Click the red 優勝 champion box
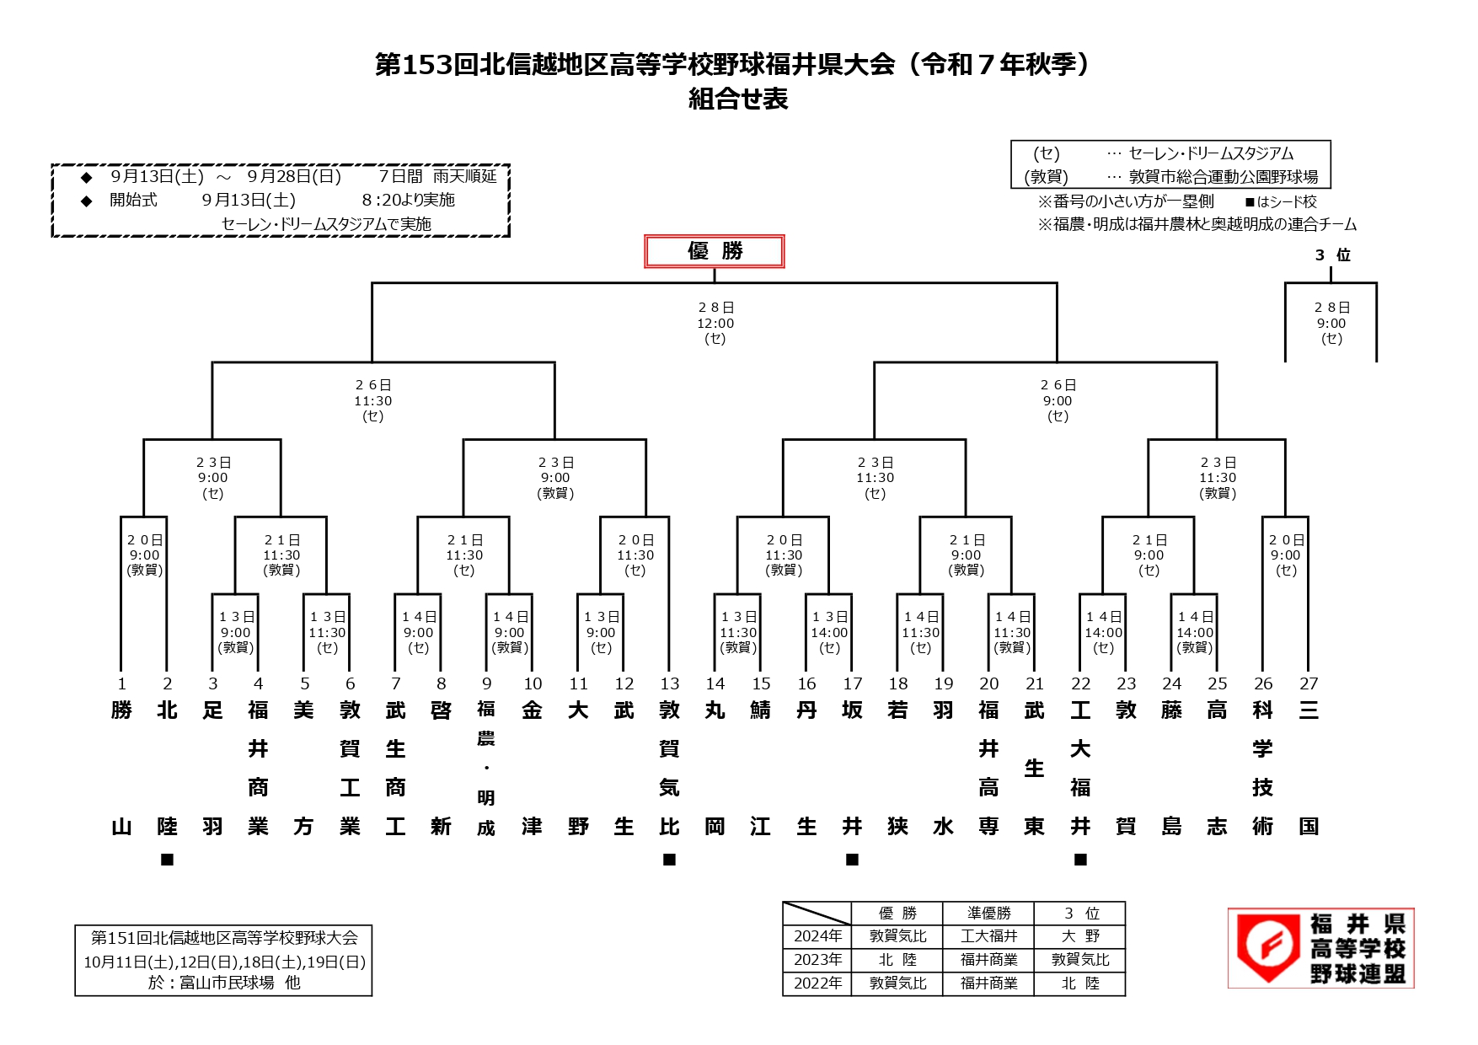pyautogui.click(x=714, y=251)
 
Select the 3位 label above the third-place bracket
pyautogui.click(x=1332, y=255)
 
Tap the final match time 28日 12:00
pyautogui.click(x=715, y=323)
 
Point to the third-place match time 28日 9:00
pyautogui.click(x=1331, y=323)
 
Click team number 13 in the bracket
pyautogui.click(x=669, y=683)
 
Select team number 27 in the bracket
pyautogui.click(x=1308, y=683)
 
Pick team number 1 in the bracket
pyautogui.click(x=121, y=683)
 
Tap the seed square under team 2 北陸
pyautogui.click(x=167, y=860)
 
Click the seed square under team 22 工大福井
pyautogui.click(x=1080, y=860)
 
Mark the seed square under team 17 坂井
pyautogui.click(x=852, y=860)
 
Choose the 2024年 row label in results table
pyautogui.click(x=817, y=936)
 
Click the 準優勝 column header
pyautogui.click(x=988, y=914)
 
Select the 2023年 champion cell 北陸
pyautogui.click(x=897, y=960)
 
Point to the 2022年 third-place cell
pyautogui.click(x=1080, y=983)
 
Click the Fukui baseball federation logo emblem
pyautogui.click(x=1267, y=948)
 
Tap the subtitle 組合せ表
pyautogui.click(x=738, y=99)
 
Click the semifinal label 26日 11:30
pyautogui.click(x=372, y=400)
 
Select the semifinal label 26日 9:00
pyautogui.click(x=1058, y=400)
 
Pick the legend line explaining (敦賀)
pyautogui.click(x=1170, y=177)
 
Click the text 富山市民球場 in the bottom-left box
pyautogui.click(x=227, y=983)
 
